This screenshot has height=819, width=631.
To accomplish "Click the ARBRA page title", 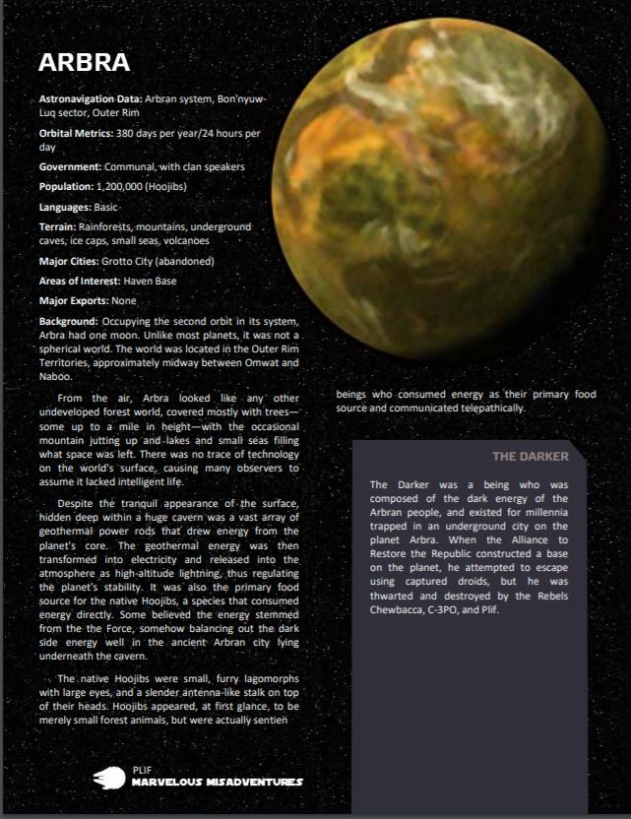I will tap(84, 63).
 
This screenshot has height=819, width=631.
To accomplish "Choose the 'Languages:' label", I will tap(65, 208).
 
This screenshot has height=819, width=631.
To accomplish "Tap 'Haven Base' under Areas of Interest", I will tap(151, 281).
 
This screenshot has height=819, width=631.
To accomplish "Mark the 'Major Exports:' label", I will tap(74, 300).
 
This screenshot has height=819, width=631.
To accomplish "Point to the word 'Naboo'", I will tap(54, 376).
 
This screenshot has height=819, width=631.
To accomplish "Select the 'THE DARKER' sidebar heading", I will tap(530, 457).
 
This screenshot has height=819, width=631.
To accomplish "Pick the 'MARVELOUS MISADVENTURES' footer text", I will tap(217, 783).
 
